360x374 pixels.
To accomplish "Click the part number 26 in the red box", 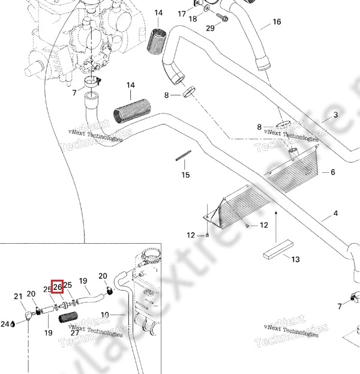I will point(58,286).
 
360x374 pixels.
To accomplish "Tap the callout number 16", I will point(277,22).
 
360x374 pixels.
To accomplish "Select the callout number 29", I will point(209,28).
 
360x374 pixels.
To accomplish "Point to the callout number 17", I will point(182,13).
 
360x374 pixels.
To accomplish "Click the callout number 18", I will point(193,19).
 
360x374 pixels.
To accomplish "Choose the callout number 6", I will point(332,172).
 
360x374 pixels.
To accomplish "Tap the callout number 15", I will point(186,175).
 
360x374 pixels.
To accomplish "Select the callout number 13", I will point(295,259).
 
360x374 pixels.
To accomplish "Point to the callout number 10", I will point(104,315).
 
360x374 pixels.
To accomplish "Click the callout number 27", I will point(75,332).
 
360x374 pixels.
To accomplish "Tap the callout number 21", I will point(18,295).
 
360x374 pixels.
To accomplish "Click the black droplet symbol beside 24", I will point(13,324).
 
